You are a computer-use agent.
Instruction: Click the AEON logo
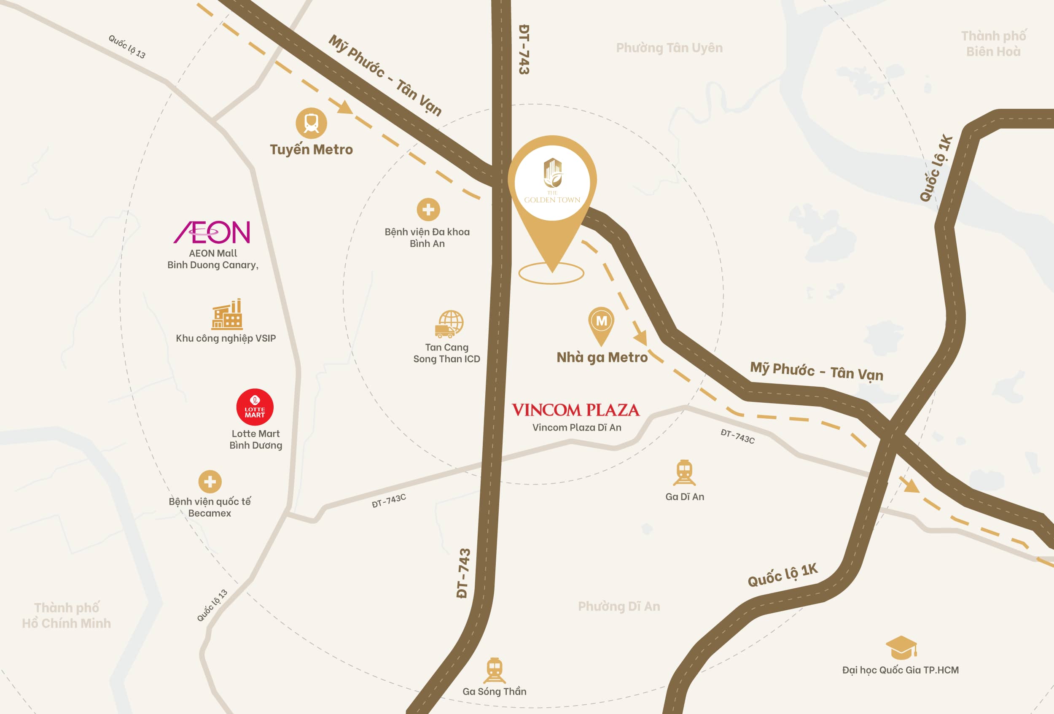[212, 232]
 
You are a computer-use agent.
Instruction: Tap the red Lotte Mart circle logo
[255, 407]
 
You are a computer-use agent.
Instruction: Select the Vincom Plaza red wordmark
[575, 410]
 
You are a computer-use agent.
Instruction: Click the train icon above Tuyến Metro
[311, 123]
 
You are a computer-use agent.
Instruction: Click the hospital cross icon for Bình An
[428, 210]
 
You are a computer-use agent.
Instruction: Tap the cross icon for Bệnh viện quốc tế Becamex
[210, 481]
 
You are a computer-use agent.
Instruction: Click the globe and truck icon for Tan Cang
[449, 324]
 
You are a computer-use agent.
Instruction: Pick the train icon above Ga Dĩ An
[684, 473]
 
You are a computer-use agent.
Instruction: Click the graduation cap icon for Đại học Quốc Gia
[901, 648]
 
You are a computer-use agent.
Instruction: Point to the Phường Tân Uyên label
[669, 48]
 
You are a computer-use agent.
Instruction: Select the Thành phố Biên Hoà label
[993, 43]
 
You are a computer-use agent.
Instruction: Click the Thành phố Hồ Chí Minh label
[67, 615]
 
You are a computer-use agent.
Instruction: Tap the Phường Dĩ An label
[618, 606]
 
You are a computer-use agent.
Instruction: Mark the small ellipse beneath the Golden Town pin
[551, 274]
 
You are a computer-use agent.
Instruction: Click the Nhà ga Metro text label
[602, 358]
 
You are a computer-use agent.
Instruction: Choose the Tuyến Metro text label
[311, 149]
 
